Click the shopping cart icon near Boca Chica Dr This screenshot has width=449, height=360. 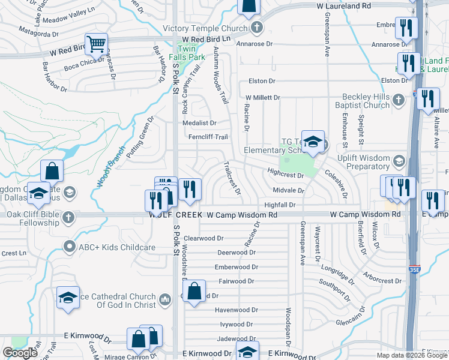click(x=95, y=44)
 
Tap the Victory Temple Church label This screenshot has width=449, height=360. click(x=209, y=28)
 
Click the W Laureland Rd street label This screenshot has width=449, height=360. click(x=343, y=5)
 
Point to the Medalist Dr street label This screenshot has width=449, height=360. click(x=200, y=123)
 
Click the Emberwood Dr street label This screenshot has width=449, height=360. click(x=237, y=267)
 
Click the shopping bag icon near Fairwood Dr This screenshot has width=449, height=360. click(x=194, y=292)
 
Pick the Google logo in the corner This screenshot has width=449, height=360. click(x=20, y=353)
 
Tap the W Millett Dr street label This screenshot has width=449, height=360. click(x=262, y=97)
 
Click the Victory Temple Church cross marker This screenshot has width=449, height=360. click(x=256, y=27)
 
